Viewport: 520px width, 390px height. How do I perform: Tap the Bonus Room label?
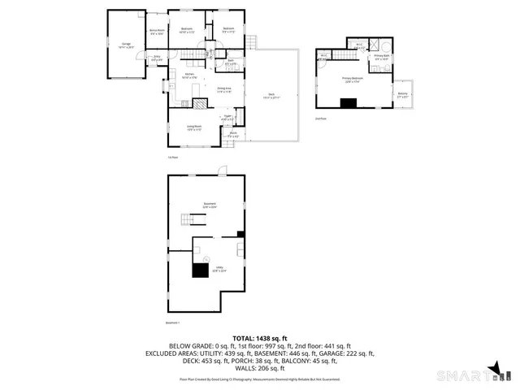coord(157,32)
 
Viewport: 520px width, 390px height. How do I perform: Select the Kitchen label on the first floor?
coord(188,76)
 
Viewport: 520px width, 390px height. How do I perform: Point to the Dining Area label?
coord(224,89)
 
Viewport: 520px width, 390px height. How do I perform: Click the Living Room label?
coord(194,128)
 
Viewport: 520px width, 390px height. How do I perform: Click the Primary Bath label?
coord(381,58)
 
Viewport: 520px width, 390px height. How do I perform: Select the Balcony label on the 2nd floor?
coord(403,94)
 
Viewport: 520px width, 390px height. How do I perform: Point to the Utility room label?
coord(219,268)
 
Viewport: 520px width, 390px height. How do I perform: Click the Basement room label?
coord(209,205)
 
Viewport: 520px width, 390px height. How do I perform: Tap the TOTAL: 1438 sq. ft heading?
coord(260,337)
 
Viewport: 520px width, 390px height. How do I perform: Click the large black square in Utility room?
coord(200,271)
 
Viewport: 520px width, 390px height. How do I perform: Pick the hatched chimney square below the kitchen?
coord(184,103)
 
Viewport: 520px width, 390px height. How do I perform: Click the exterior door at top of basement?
coord(221,171)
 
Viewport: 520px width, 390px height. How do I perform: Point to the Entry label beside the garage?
coord(157,58)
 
